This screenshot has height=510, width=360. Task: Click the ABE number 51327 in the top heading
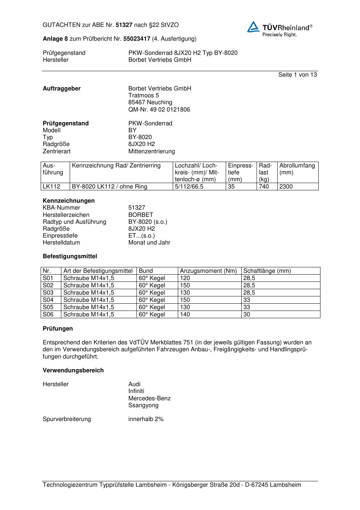pos(124,25)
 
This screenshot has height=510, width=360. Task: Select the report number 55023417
pos(137,39)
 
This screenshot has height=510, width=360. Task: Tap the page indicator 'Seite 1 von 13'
pos(297,75)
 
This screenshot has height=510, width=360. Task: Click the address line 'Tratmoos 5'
pos(144,96)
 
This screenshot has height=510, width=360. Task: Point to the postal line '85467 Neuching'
pos(150,102)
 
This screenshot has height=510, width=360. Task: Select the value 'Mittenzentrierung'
pos(151,151)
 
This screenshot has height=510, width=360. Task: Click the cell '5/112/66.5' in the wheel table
pos(189,187)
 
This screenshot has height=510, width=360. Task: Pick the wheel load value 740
pos(264,187)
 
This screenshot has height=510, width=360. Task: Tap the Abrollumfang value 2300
pos(286,187)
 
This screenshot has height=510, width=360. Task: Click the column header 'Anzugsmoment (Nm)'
pos(208,271)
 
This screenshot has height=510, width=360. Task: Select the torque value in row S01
pos(185,278)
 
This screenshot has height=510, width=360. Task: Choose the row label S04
pos(48,300)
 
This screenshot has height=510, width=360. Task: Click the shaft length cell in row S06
pos(247,315)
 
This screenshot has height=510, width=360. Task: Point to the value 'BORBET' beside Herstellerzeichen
pos(141,215)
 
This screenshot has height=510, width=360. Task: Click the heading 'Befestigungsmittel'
pos(70,256)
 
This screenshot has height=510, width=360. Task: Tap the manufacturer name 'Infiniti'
pos(136,391)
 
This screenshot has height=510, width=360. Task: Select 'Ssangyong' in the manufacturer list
pos(143,405)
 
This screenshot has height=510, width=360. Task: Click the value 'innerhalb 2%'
pos(146,419)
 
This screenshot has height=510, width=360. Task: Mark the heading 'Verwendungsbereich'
pos(73,371)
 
